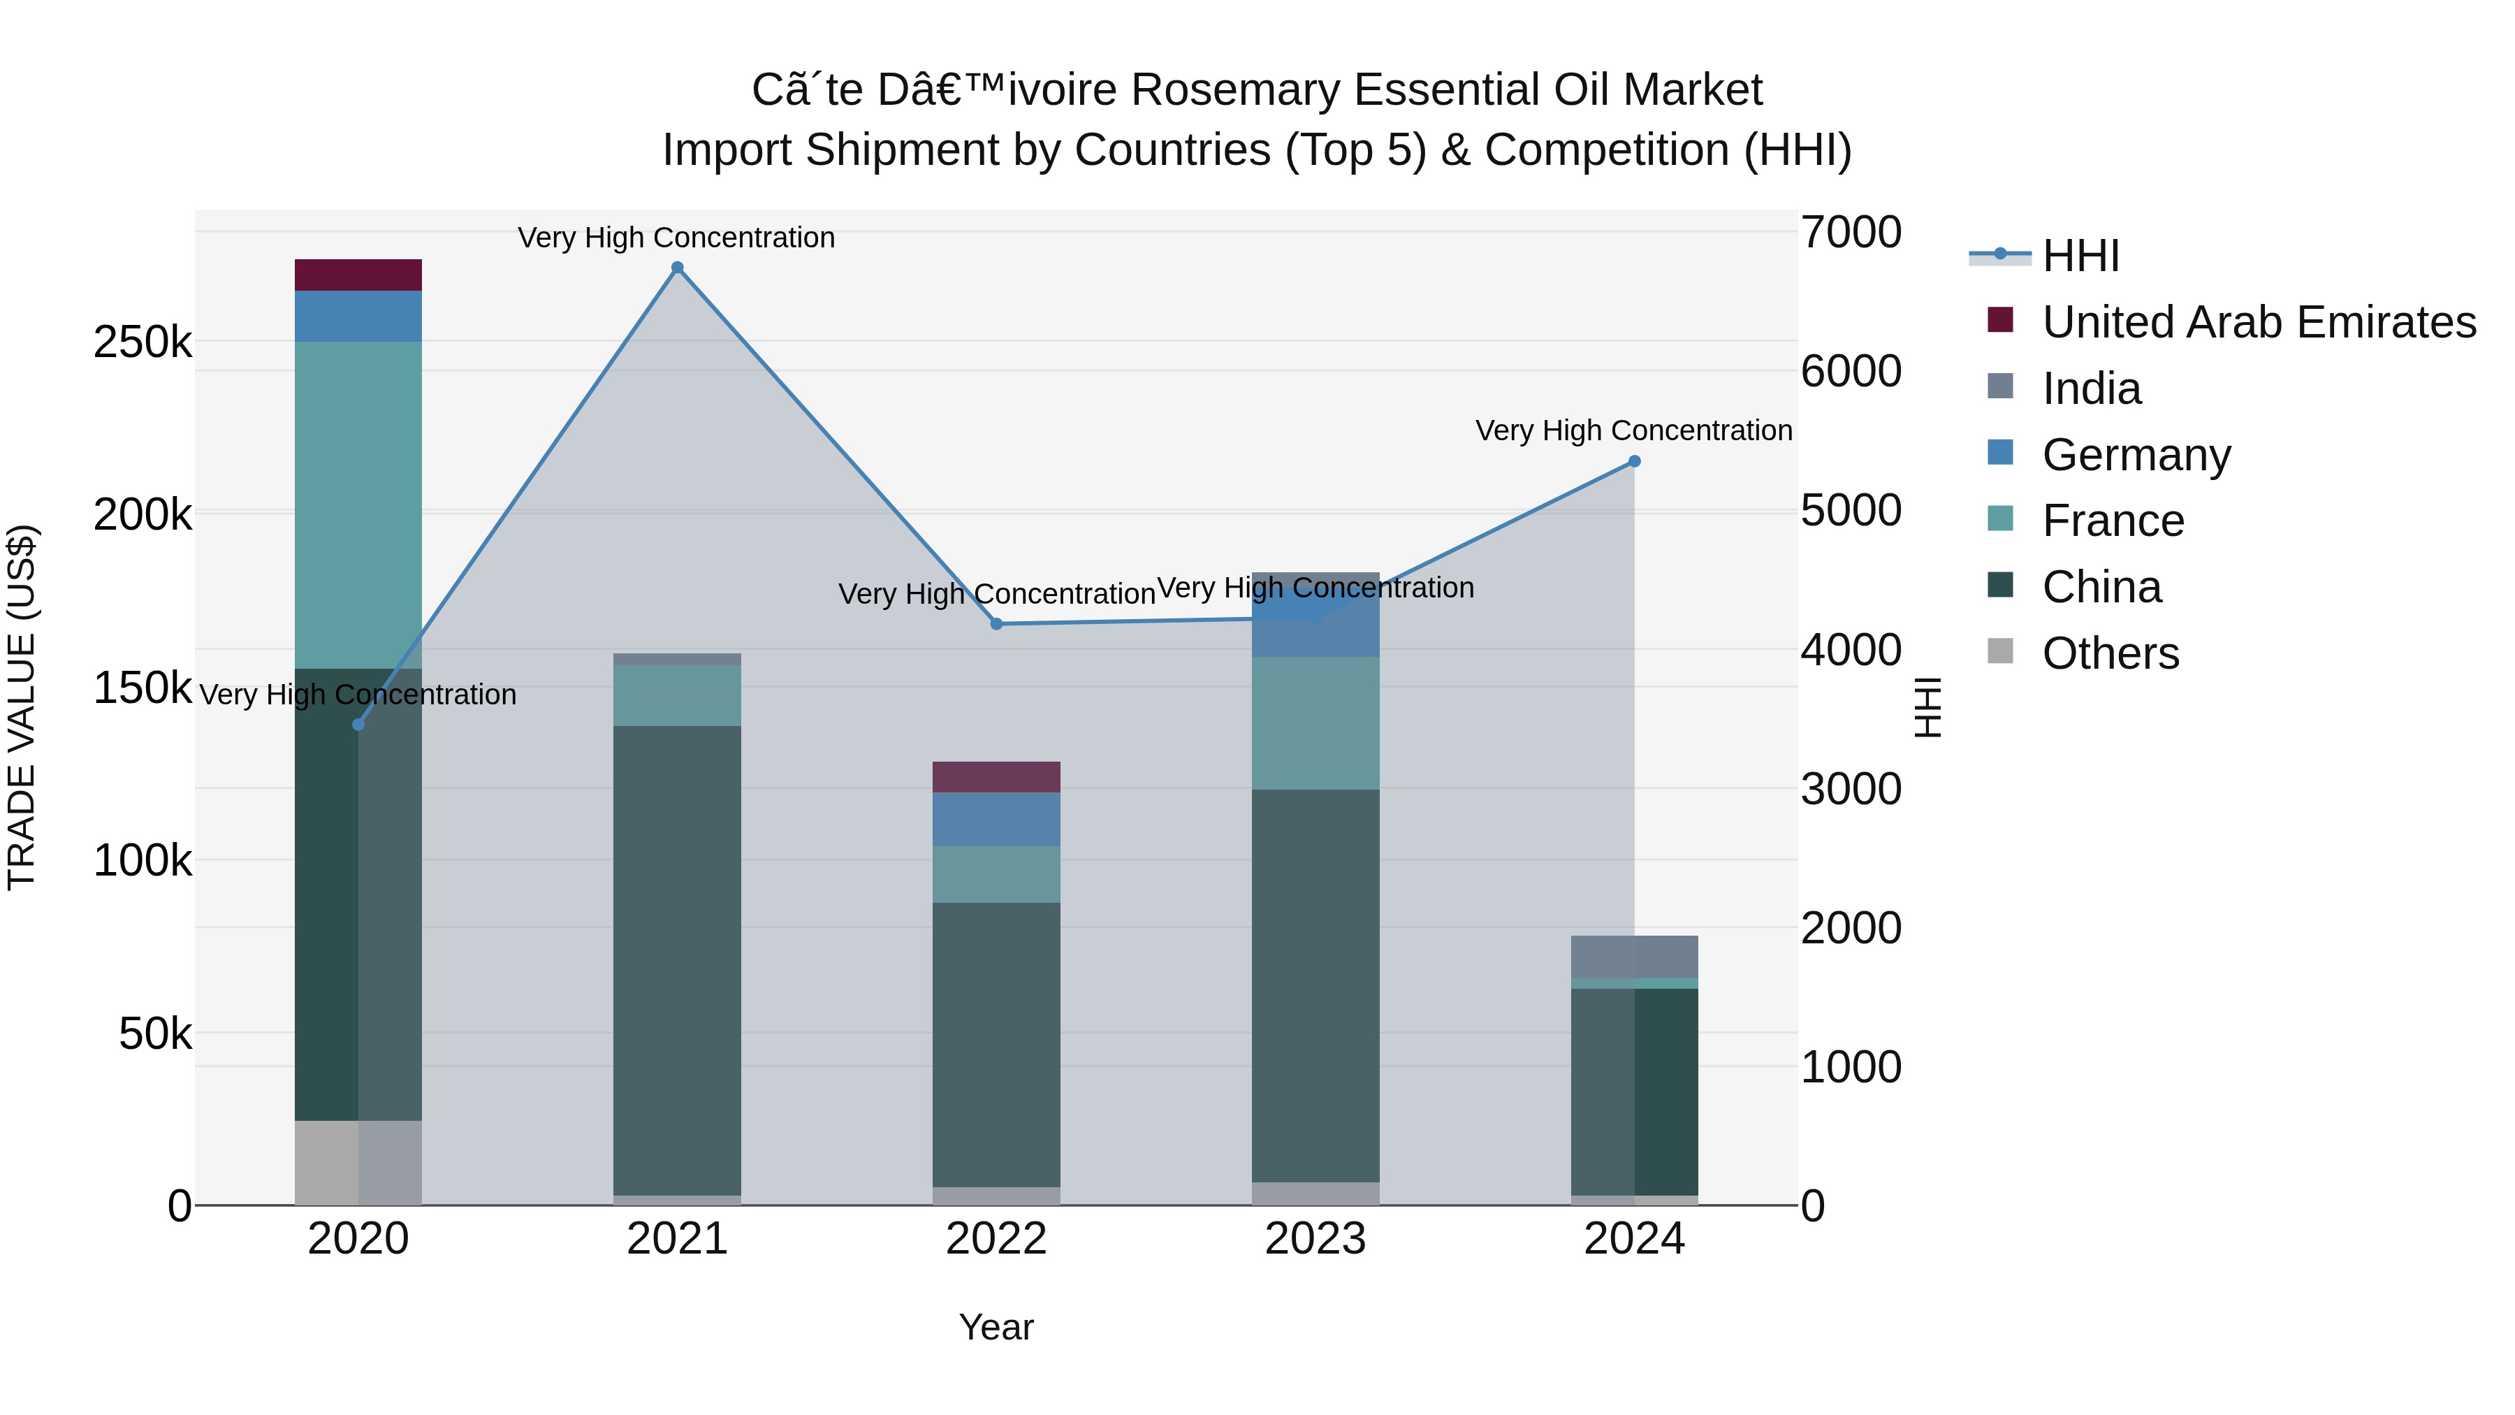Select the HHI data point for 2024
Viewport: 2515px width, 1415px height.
[x=1634, y=461]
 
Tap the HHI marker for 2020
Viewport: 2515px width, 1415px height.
[x=358, y=725]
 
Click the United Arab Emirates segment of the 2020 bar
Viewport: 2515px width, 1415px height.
[x=358, y=275]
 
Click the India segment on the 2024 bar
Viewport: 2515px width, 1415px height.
[x=1634, y=956]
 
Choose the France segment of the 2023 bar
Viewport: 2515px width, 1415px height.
[x=1315, y=723]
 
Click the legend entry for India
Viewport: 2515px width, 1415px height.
[x=2090, y=389]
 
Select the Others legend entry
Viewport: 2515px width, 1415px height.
[x=2109, y=653]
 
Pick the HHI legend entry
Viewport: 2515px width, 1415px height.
[x=2080, y=256]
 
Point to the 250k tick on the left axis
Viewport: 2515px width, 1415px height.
[x=143, y=343]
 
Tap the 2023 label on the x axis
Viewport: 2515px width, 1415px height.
[x=1315, y=1239]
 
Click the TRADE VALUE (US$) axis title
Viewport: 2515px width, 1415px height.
[x=22, y=707]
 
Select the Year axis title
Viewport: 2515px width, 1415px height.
[x=996, y=1327]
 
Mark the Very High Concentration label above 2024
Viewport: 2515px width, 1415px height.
[x=1633, y=430]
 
